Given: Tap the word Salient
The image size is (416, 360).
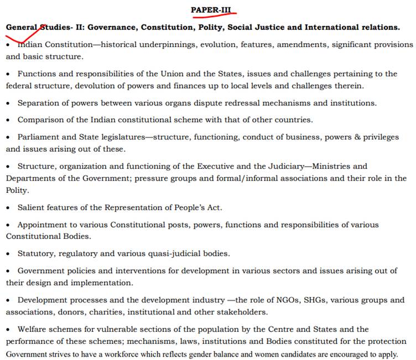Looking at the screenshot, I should pyautogui.click(x=31, y=208).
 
